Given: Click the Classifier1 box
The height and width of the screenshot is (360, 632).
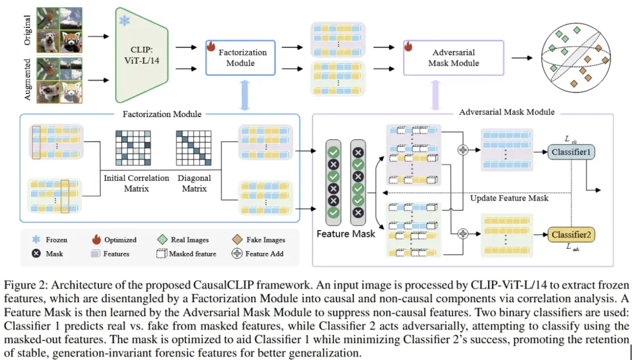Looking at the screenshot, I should tap(571, 152).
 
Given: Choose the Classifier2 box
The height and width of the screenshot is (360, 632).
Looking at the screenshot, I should tap(571, 235).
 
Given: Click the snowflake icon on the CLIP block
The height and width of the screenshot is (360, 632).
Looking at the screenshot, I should tap(125, 21).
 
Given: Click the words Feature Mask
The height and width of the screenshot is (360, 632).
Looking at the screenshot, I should tap(345, 234).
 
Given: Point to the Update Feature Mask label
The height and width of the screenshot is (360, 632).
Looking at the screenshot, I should tap(509, 198).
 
